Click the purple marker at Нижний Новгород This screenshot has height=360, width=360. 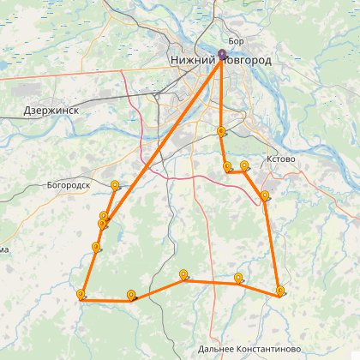tap(222, 56)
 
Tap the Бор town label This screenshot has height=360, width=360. tap(238, 40)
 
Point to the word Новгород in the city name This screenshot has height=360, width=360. tap(246, 62)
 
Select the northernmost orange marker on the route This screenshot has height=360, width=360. tap(221, 131)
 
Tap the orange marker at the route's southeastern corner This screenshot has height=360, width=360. tap(280, 291)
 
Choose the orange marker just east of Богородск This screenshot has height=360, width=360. tap(115, 184)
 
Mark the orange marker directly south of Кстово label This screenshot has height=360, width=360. tap(265, 196)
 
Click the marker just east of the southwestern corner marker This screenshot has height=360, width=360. tap(130, 296)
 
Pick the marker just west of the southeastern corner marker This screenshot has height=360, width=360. tap(237, 278)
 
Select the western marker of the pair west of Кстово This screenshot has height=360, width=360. tap(226, 167)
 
